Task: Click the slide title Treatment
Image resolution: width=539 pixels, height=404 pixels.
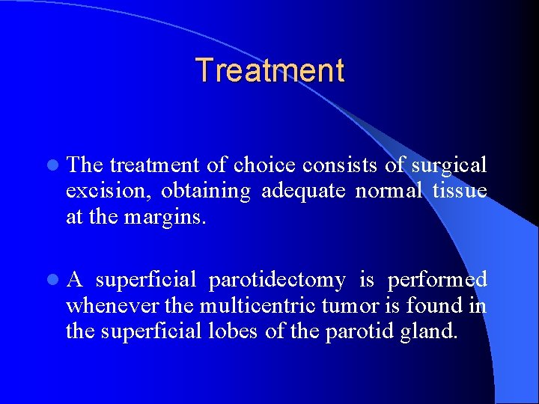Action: (269, 71)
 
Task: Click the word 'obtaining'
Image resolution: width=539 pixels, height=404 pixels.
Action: (206, 192)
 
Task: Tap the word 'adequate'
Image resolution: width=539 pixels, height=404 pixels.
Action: (303, 192)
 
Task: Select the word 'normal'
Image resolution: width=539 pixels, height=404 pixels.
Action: (389, 192)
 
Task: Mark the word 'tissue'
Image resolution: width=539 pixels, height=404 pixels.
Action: (460, 192)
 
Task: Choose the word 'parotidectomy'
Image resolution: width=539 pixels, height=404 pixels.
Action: (277, 281)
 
